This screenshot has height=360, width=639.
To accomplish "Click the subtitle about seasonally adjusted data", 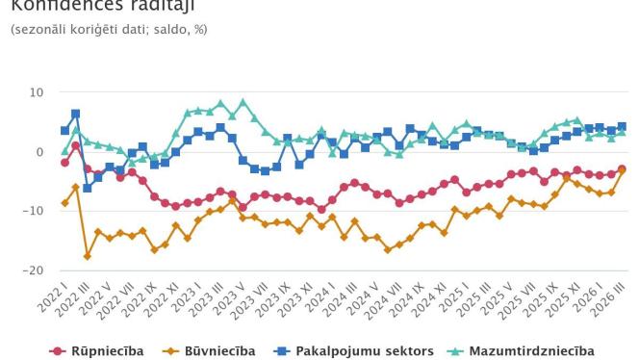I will coord(108,31).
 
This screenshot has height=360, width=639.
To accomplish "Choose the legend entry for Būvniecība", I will coord(212,350).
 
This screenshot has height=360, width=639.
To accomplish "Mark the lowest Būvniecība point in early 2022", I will coord(88,256).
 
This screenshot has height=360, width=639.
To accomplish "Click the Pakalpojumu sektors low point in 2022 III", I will coord(88,188).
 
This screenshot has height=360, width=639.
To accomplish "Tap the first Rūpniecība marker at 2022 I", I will coord(64,163).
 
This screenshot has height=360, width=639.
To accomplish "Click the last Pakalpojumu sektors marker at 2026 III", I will coord(622,126).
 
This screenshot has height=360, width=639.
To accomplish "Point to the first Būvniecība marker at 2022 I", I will coord(64,203).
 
